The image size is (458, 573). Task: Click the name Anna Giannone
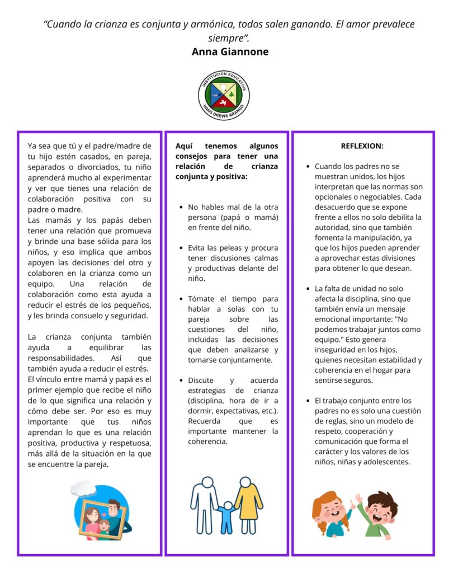(230, 52)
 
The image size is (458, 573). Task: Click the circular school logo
(224, 95)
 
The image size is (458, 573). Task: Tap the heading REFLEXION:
(362, 145)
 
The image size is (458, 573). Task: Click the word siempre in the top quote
(226, 38)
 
